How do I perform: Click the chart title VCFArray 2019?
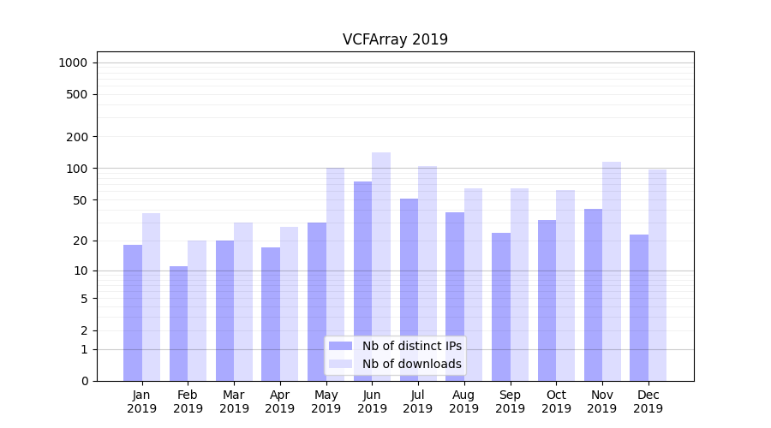tap(395, 39)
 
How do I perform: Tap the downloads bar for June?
tap(381, 266)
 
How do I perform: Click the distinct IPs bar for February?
tap(178, 324)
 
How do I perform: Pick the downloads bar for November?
tap(612, 271)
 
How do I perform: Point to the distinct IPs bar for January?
tap(133, 312)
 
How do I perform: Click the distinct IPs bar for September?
tap(501, 306)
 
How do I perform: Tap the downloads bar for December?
tap(658, 275)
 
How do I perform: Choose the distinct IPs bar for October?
tap(547, 300)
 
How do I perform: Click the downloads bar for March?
tap(243, 301)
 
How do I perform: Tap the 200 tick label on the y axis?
tap(77, 137)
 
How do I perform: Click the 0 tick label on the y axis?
tap(84, 381)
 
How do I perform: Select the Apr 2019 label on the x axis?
tap(280, 401)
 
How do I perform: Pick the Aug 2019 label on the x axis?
tap(464, 401)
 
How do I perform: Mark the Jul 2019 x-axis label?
tap(418, 401)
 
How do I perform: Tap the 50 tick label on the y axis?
tap(80, 200)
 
